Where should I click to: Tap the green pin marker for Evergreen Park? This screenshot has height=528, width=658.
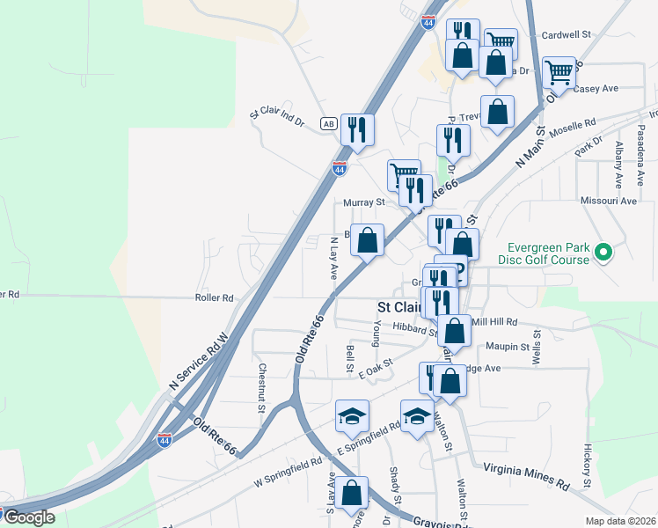tap(603, 253)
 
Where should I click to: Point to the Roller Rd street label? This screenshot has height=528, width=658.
tap(215, 298)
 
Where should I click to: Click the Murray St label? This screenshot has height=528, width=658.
tap(363, 202)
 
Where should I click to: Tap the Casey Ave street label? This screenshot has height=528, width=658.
tap(596, 88)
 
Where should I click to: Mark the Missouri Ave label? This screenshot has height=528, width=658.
tap(608, 201)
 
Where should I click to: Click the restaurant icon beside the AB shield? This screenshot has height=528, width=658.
tap(357, 130)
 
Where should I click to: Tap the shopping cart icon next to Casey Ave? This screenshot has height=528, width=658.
tap(559, 74)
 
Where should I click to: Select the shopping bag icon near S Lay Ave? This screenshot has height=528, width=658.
tap(352, 495)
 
